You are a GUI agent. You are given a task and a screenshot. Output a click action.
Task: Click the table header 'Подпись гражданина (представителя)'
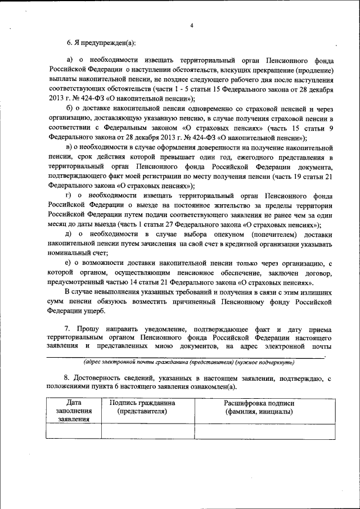coord(142,407)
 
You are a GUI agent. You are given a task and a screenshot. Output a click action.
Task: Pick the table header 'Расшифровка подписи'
coord(259,403)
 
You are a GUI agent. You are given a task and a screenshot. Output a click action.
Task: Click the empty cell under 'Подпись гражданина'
coord(142,430)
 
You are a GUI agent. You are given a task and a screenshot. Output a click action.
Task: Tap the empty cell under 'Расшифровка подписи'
coord(259,430)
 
